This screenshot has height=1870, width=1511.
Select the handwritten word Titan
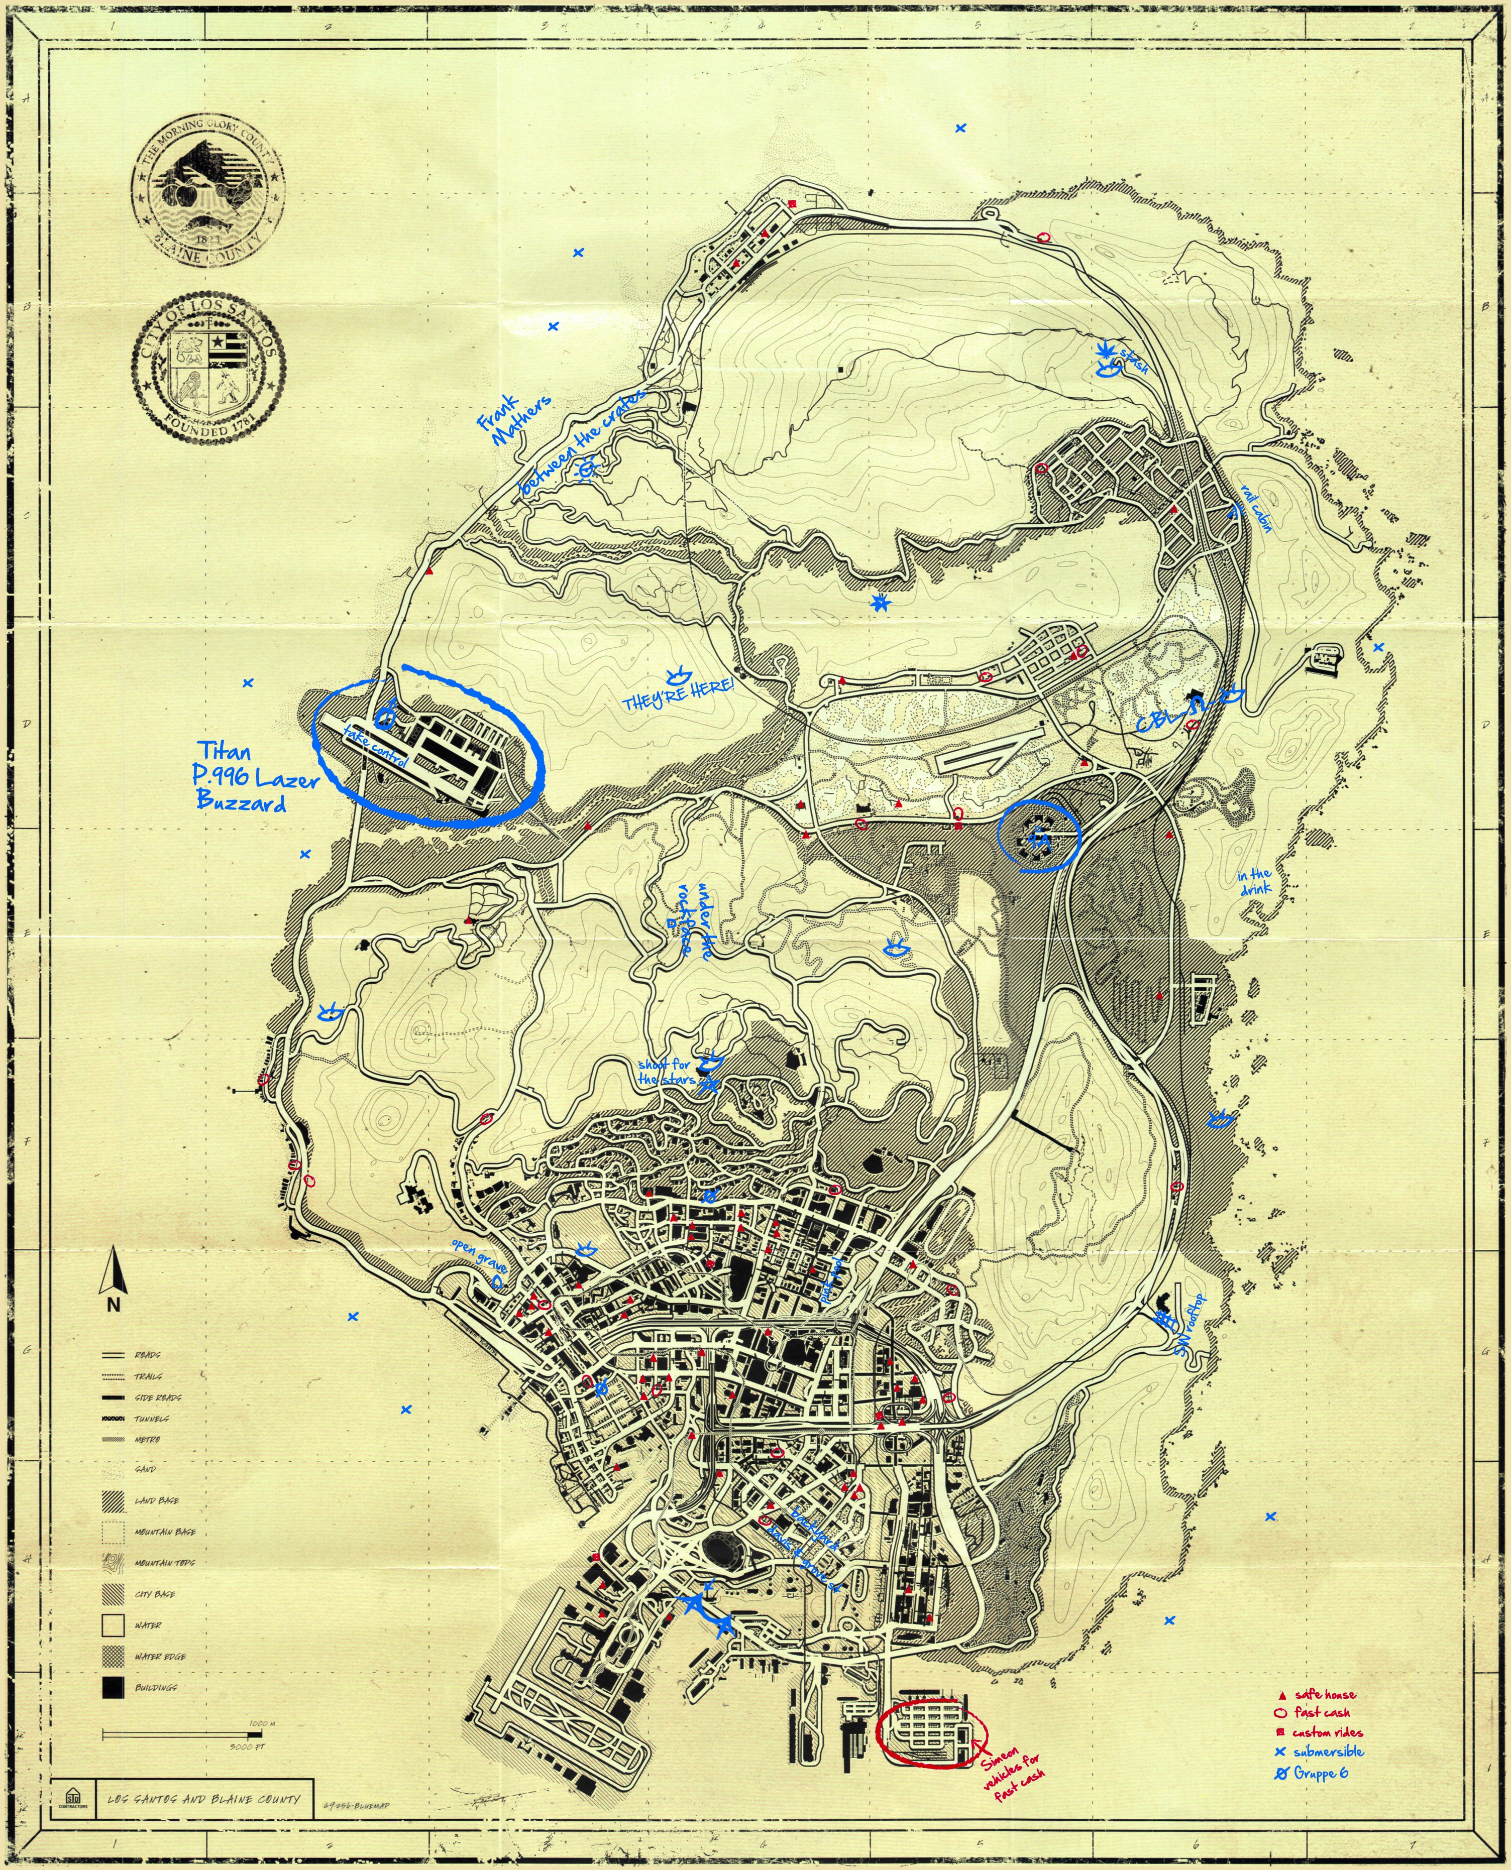(x=224, y=751)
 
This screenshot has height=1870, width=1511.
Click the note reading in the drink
(x=1254, y=881)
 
